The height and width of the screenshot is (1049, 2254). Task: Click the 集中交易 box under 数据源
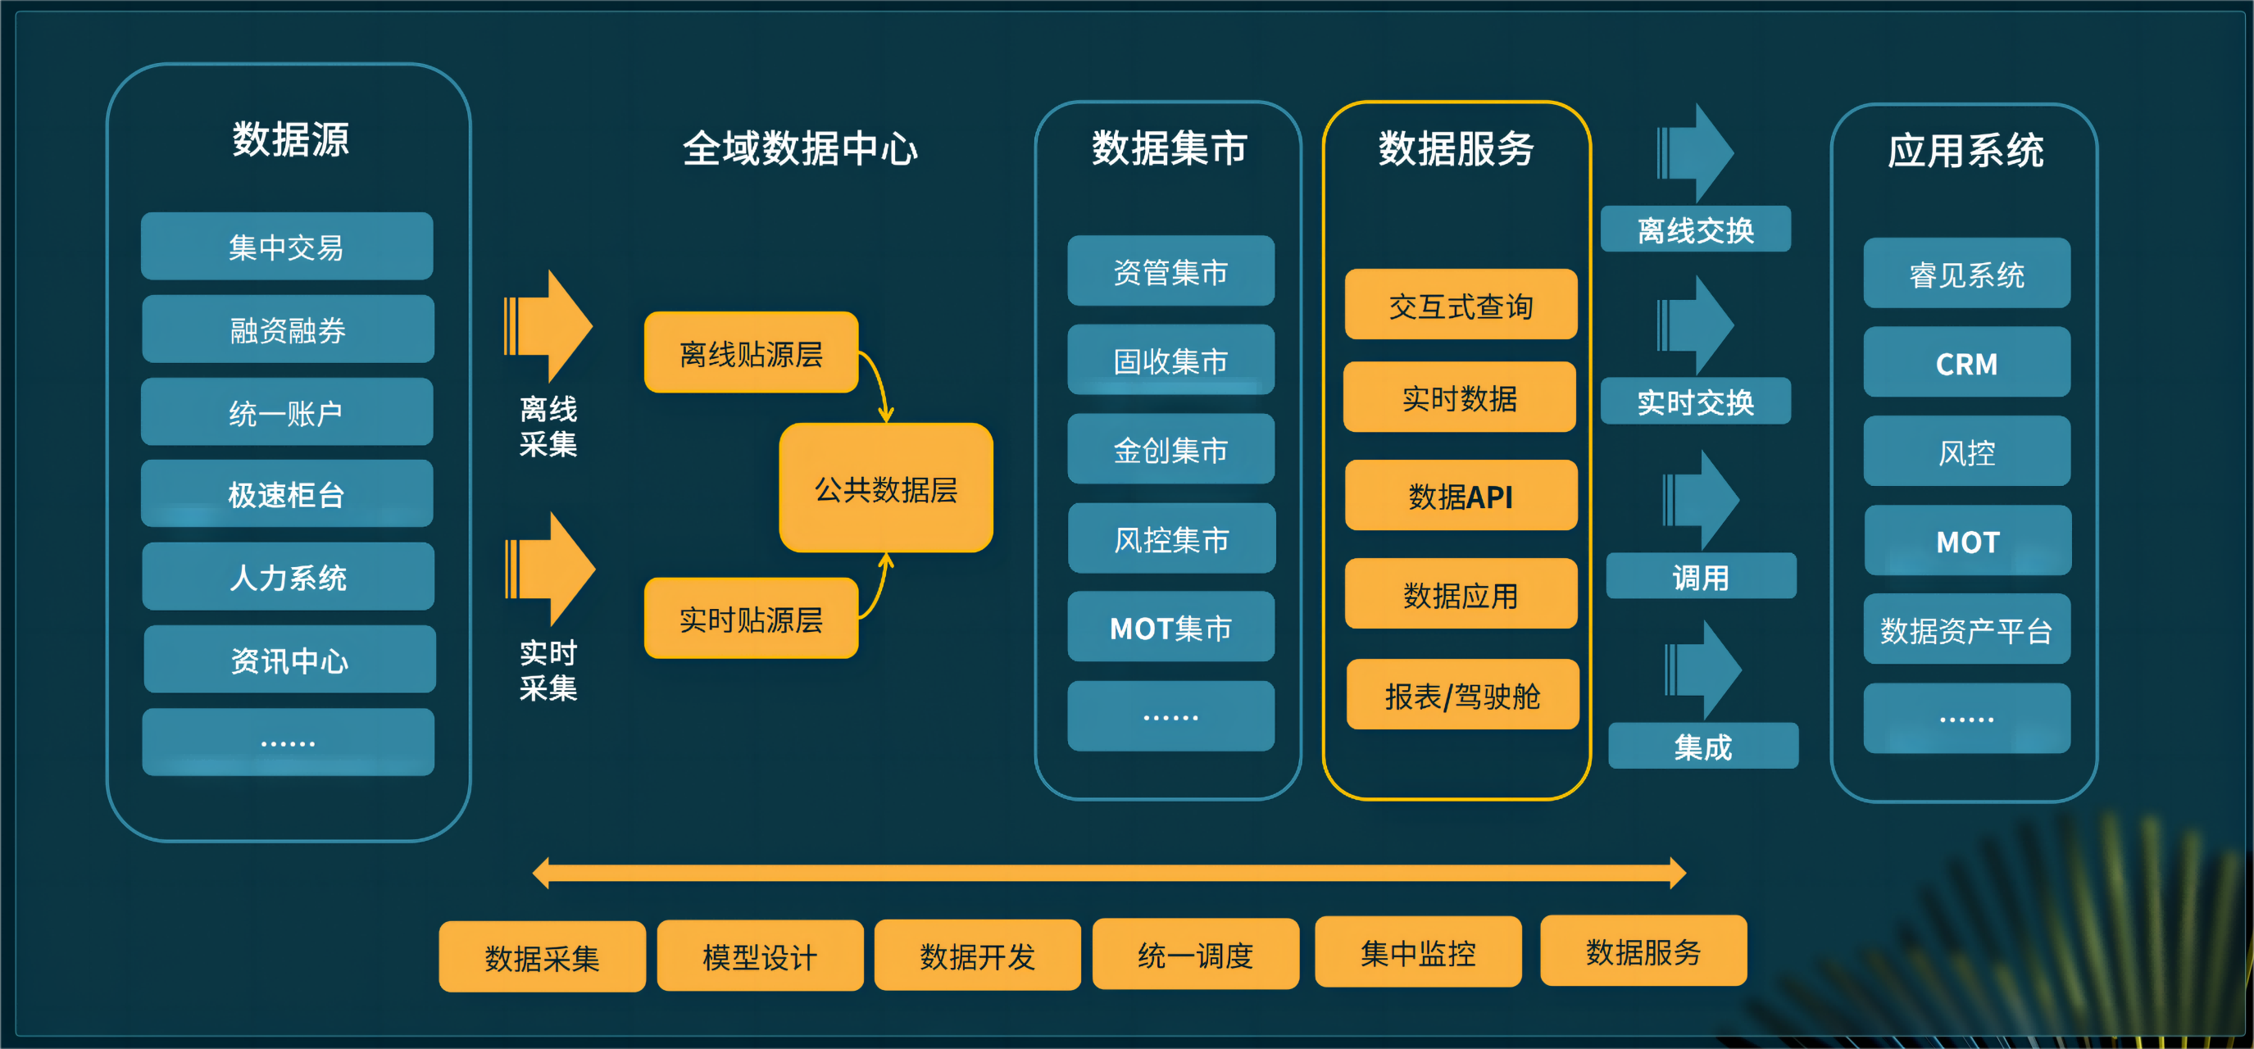[x=287, y=247]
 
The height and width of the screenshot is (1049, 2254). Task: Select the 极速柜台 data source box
[x=287, y=494]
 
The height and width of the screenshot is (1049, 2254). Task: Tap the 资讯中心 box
[x=289, y=660]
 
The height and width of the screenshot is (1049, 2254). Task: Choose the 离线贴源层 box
[x=751, y=353]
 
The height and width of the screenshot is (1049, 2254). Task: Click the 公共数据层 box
[x=885, y=488]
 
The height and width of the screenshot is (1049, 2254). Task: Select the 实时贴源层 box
[x=751, y=619]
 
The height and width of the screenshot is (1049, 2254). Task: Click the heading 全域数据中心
[x=800, y=148]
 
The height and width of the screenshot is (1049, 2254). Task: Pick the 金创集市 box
[x=1170, y=450]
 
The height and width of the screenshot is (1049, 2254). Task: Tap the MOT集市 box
[x=1170, y=627]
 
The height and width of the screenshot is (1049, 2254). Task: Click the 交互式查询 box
[x=1461, y=306]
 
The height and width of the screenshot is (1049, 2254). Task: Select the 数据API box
[x=1461, y=496]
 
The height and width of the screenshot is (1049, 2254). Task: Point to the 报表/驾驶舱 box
[x=1462, y=696]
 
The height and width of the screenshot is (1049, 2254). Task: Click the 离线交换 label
[x=1695, y=230]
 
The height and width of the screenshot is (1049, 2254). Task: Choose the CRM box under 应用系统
[x=1966, y=363]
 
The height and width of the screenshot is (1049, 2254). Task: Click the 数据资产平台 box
[x=1966, y=630]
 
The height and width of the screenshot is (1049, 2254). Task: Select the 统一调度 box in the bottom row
[x=1195, y=955]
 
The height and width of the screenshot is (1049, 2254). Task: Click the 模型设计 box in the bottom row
[x=760, y=956]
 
